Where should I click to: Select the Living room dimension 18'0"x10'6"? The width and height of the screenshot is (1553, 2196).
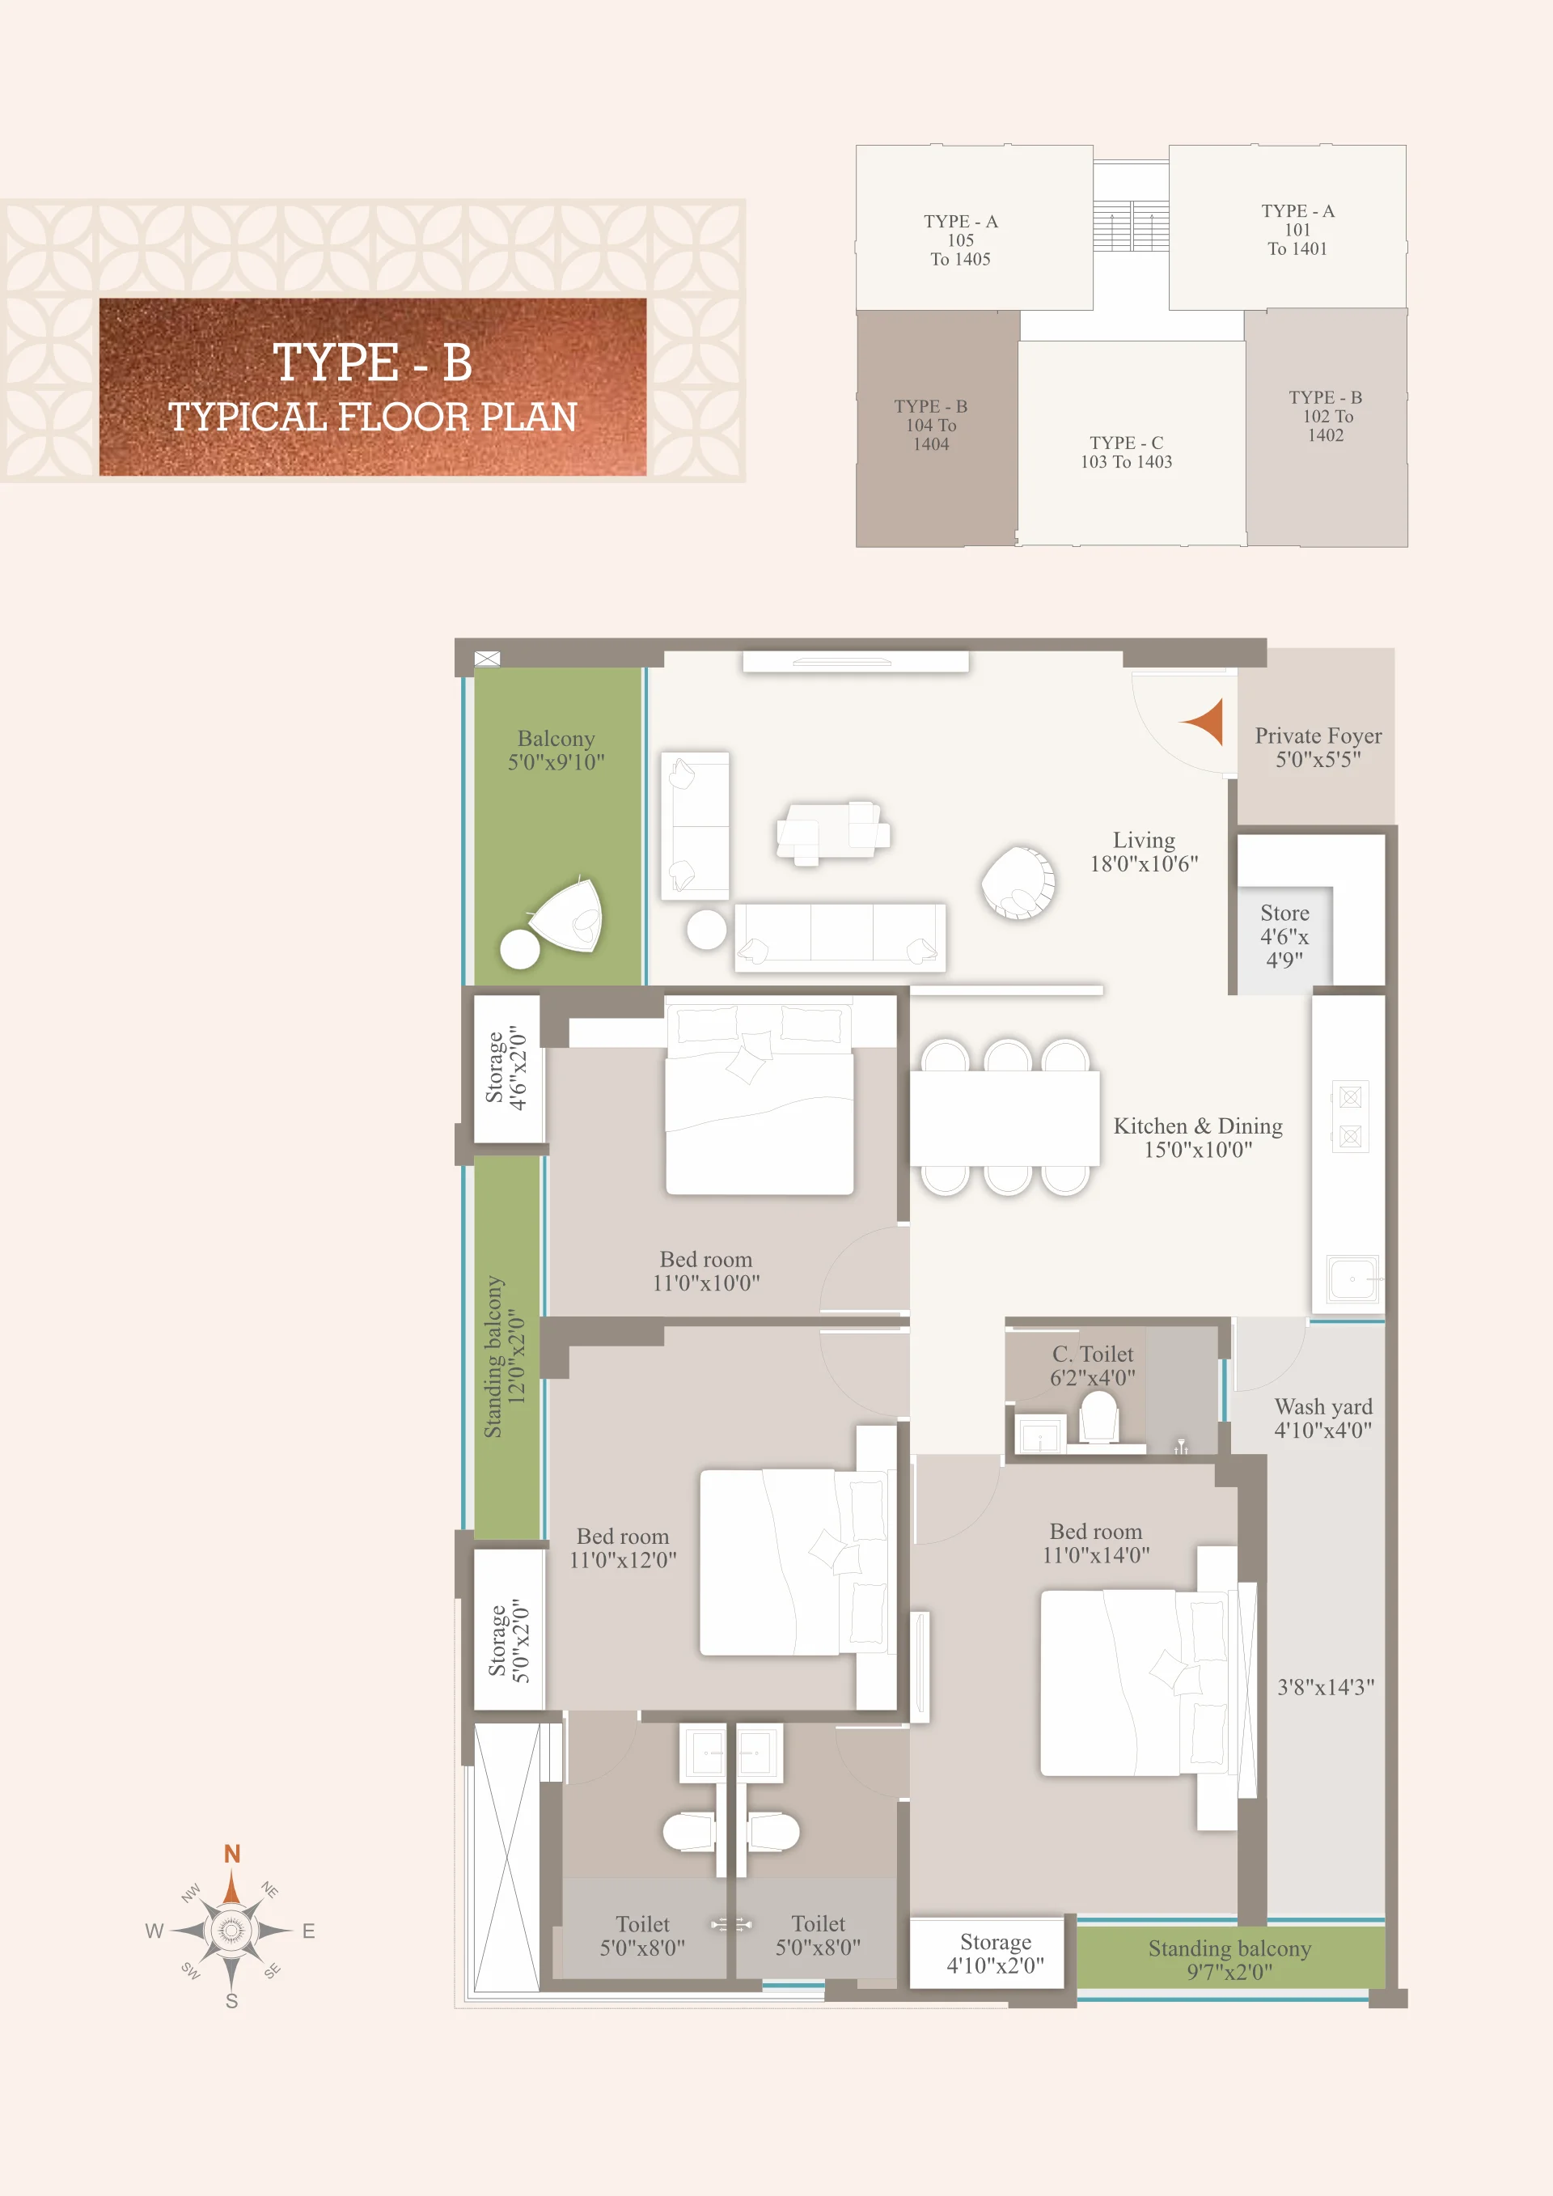pos(1144,863)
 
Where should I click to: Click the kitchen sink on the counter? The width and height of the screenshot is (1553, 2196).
pos(1352,1278)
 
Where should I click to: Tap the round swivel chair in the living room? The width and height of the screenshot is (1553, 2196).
pos(1018,882)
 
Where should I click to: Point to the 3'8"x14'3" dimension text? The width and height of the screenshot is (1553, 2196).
pos(1326,1686)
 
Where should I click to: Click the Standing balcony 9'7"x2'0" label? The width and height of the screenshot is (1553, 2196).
pos(1229,1959)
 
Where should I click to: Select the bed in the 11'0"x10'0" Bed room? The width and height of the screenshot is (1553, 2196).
pos(760,1099)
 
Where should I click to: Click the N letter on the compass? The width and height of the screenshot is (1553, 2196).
pos(231,1854)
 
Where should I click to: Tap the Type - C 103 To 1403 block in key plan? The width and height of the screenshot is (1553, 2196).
pos(1127,451)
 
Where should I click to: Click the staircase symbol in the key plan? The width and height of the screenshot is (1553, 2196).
pos(1132,226)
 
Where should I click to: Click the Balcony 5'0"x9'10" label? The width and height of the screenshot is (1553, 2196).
pos(556,750)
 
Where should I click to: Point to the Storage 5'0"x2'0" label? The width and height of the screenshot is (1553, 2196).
pos(509,1639)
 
